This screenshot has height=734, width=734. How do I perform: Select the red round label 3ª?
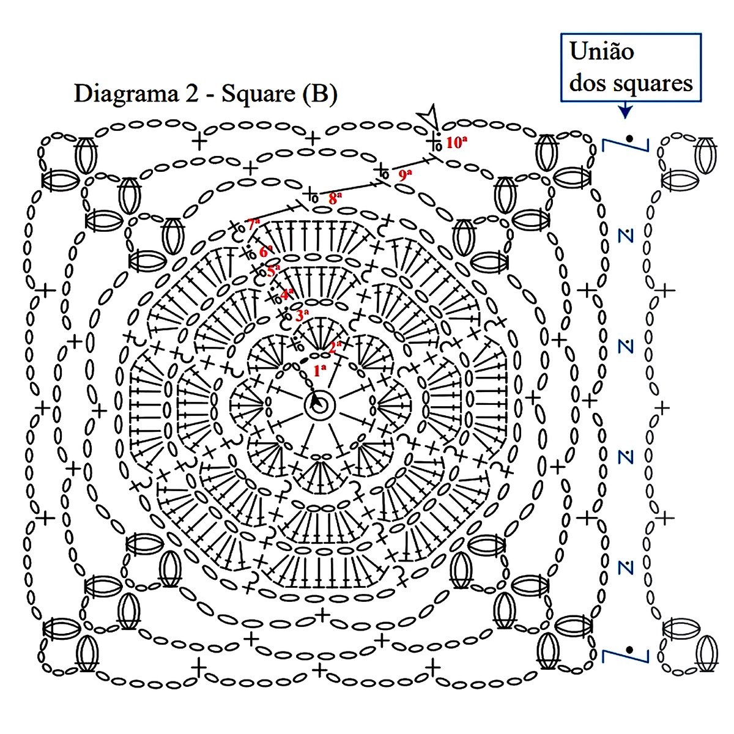pos(302,316)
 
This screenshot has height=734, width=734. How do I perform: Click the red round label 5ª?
pos(273,270)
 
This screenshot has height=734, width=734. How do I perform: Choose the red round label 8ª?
pos(335,198)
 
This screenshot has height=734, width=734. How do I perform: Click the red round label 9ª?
pos(405,174)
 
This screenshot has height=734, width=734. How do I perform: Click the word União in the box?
pos(601,51)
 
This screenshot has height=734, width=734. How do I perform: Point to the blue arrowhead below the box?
pos(625,111)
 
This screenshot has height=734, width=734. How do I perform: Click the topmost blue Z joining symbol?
pos(625,235)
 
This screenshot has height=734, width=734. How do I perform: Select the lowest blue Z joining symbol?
pos(625,566)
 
